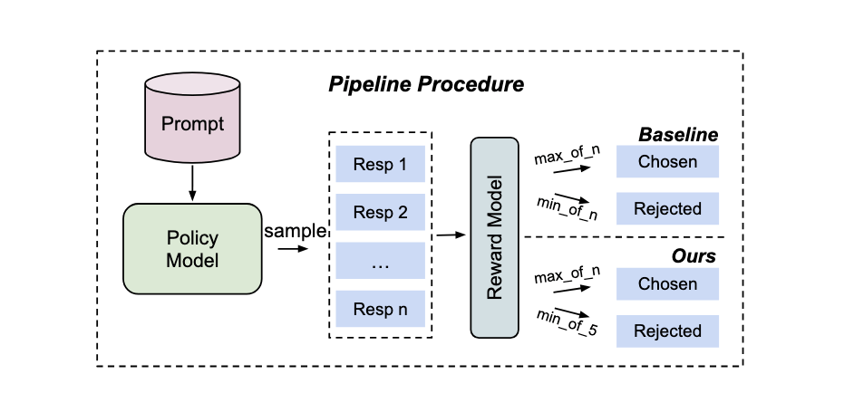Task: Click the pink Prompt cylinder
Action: (191, 123)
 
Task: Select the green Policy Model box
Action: (192, 248)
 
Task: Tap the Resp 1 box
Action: (380, 166)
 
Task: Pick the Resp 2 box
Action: (380, 214)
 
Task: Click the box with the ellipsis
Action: (380, 262)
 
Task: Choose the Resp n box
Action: (380, 309)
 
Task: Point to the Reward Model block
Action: (496, 238)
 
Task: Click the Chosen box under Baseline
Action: (667, 162)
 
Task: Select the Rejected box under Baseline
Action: (667, 209)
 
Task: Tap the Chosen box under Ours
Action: (667, 283)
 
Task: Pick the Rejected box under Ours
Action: (667, 331)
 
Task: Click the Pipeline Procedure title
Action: (425, 86)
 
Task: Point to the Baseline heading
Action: (678, 135)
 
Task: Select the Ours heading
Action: (694, 256)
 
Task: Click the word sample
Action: (294, 231)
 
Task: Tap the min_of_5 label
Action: (567, 321)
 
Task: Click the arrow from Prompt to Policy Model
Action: (191, 184)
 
